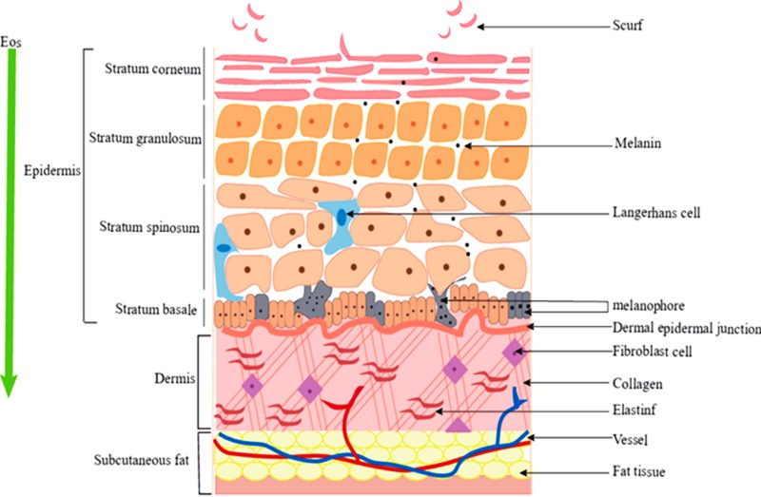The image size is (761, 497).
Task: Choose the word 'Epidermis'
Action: [52, 175]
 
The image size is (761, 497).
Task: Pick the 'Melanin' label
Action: [636, 145]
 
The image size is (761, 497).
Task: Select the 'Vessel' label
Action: [632, 438]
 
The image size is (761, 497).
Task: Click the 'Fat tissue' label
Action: [637, 469]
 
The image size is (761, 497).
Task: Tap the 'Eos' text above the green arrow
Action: [12, 43]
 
